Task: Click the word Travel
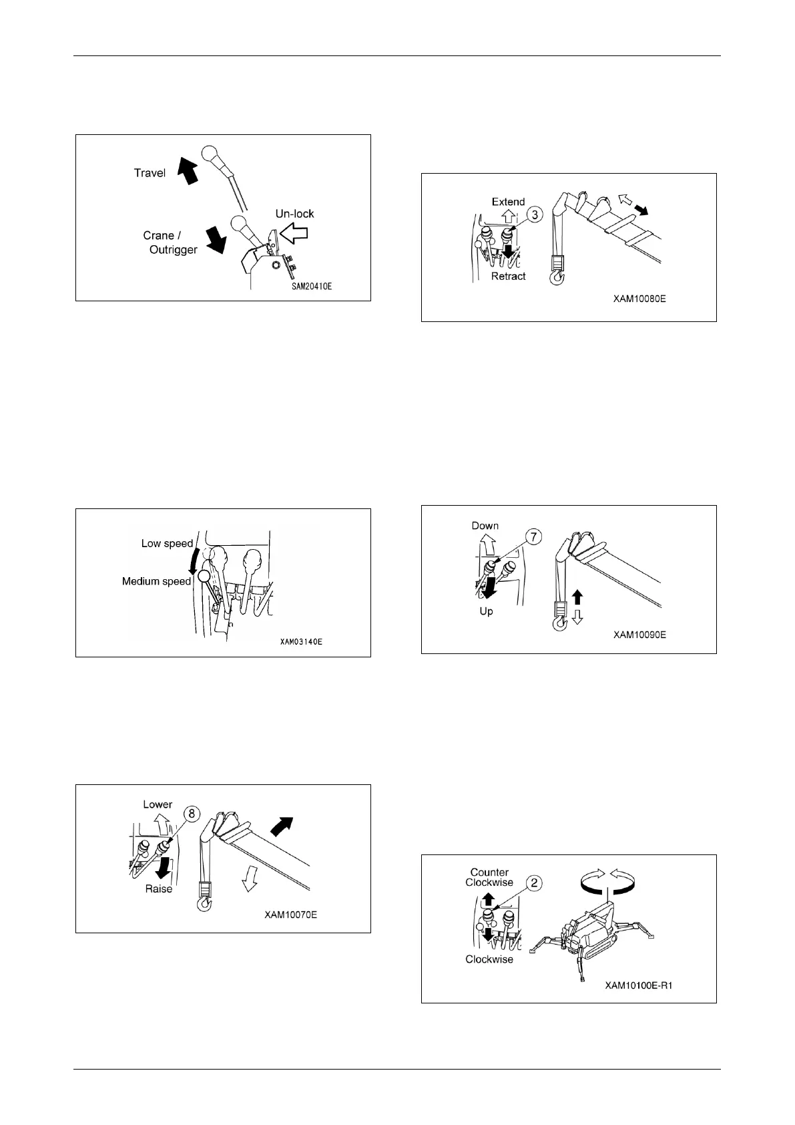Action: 150,173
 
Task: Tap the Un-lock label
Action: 294,214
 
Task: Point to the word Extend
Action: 508,202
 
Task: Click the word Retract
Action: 508,276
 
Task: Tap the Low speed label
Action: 167,544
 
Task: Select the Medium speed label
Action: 156,581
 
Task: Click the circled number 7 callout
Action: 534,537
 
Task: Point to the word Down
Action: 485,526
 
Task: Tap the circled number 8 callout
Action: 192,813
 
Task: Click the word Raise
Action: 159,889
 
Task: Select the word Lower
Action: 158,804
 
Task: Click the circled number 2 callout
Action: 534,883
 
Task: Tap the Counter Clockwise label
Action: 489,877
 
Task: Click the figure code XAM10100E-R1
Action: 639,985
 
